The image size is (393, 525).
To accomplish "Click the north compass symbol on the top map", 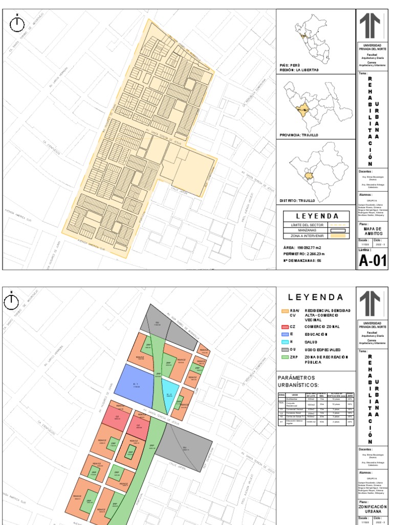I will (x=18, y=23).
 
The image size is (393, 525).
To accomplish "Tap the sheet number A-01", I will (x=372, y=260).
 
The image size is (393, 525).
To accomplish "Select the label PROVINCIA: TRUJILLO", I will (x=299, y=135).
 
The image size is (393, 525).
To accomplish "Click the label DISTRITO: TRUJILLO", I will (x=297, y=200).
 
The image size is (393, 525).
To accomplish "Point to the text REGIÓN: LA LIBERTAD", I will (x=299, y=70).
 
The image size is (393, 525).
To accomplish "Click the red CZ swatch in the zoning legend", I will (x=285, y=326).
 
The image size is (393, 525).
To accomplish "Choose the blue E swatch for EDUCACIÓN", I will (x=285, y=334).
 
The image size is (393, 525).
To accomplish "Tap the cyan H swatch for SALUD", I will (x=285, y=341).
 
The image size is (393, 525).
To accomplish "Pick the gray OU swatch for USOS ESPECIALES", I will (x=285, y=350).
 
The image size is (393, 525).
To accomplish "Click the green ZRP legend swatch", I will (x=285, y=357).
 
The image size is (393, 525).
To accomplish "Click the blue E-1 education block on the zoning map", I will (x=136, y=384).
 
